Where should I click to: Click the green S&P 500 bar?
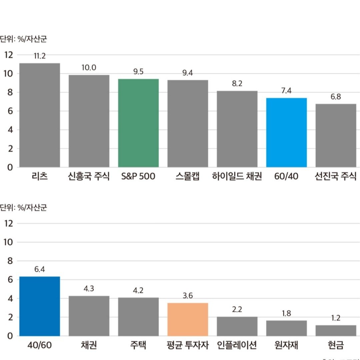(x=138, y=123)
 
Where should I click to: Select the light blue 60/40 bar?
(x=286, y=132)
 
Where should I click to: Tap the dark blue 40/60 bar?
(x=40, y=306)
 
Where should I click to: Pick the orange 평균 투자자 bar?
(x=188, y=319)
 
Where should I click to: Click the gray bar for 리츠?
(x=40, y=115)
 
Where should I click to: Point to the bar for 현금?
(x=336, y=330)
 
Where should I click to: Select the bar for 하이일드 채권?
(x=237, y=129)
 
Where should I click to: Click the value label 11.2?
(x=39, y=56)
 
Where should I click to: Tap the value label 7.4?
(x=286, y=91)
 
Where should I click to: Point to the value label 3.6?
(x=188, y=296)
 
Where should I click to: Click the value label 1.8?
(x=286, y=313)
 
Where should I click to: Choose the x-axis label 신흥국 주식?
(x=89, y=176)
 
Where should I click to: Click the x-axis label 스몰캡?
(x=187, y=176)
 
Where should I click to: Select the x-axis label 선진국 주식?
(x=336, y=176)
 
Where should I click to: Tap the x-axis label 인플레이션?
(x=237, y=345)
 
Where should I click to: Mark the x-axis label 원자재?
(x=286, y=345)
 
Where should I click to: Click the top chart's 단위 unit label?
(x=23, y=39)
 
